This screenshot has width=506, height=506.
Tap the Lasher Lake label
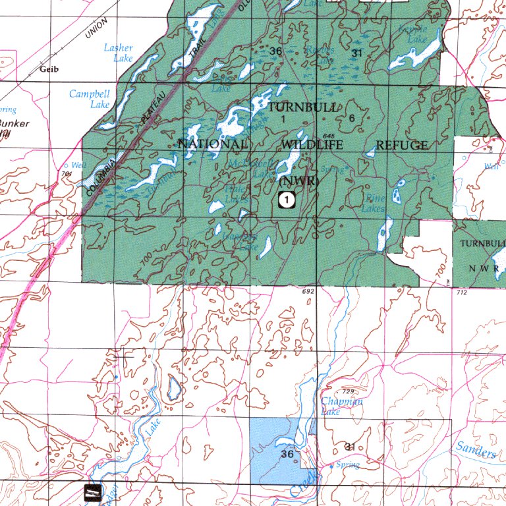pyautogui.click(x=119, y=53)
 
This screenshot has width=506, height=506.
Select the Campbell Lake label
pyautogui.click(x=90, y=99)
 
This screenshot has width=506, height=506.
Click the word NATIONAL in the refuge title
pyautogui.click(x=213, y=144)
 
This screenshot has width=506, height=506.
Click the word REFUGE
pyautogui.click(x=401, y=145)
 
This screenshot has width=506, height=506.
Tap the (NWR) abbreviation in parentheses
pyautogui.click(x=300, y=180)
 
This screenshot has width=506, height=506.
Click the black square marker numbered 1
pyautogui.click(x=286, y=200)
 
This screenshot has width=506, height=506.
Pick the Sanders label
pyautogui.click(x=476, y=451)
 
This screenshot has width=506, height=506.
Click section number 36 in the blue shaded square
pyautogui.click(x=287, y=455)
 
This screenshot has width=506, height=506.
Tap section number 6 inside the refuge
pyautogui.click(x=351, y=118)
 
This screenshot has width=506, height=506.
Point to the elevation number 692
pyautogui.click(x=308, y=291)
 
